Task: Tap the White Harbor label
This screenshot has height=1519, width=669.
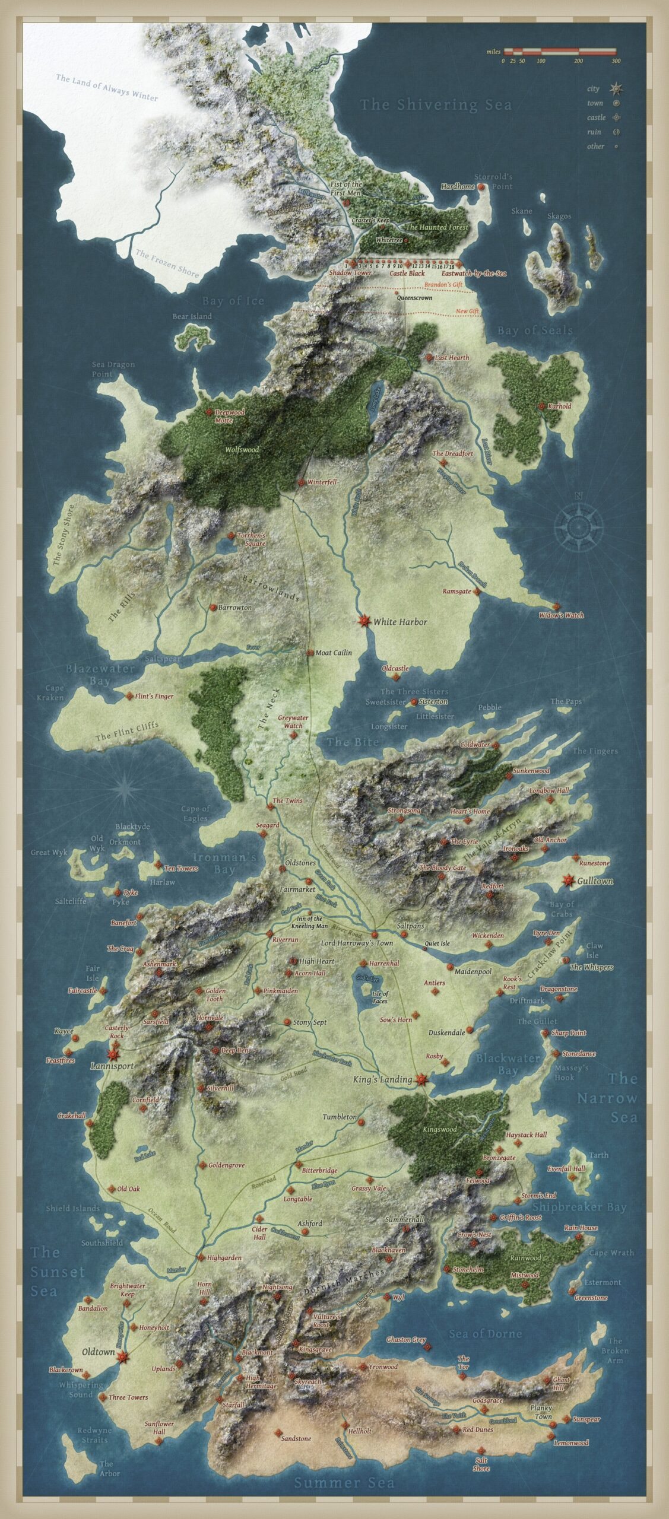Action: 400,622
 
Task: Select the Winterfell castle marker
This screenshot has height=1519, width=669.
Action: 301,483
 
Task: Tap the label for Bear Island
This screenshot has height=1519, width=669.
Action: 192,316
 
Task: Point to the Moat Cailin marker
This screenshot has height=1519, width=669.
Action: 310,653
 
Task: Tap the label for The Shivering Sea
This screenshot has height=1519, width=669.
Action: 436,105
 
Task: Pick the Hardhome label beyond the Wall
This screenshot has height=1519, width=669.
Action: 458,186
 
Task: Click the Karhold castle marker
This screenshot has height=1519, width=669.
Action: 541,406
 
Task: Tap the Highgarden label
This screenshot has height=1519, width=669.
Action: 224,1257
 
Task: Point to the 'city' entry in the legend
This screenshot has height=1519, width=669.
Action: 594,88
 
